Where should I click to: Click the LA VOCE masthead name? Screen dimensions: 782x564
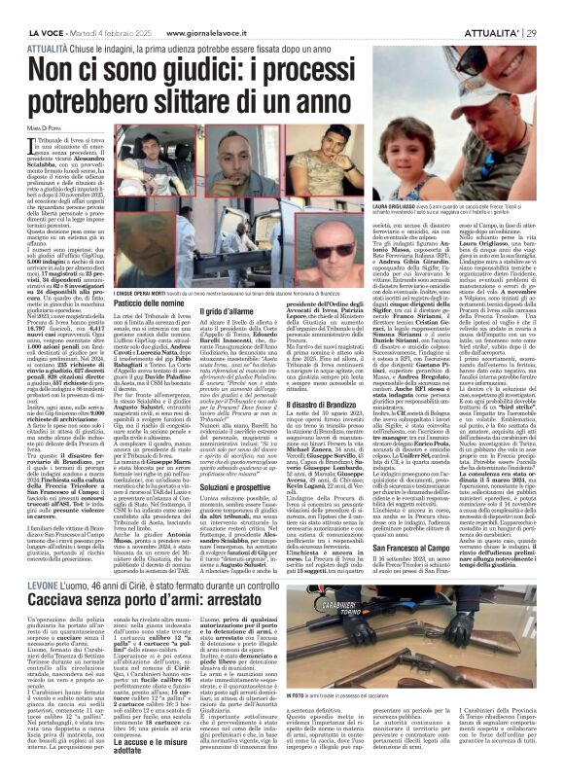point(31,7)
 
